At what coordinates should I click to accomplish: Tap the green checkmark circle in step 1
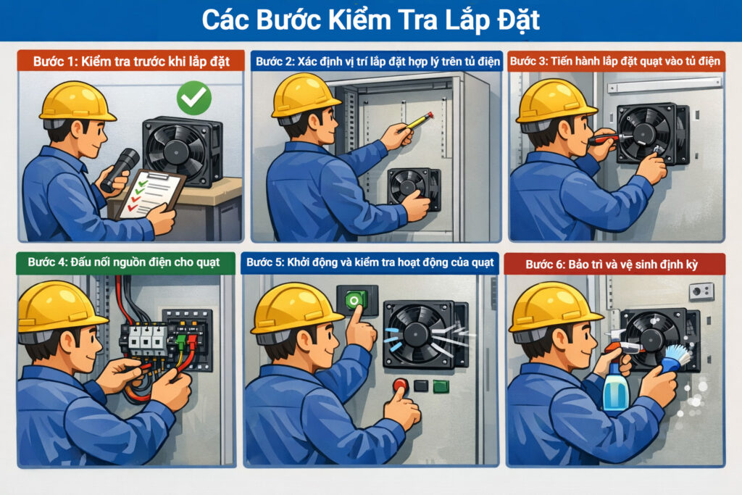(193, 98)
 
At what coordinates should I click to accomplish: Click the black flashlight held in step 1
(120, 168)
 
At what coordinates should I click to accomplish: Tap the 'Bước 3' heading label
(616, 61)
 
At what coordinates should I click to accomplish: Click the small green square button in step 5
(441, 386)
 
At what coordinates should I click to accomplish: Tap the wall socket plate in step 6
(701, 292)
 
